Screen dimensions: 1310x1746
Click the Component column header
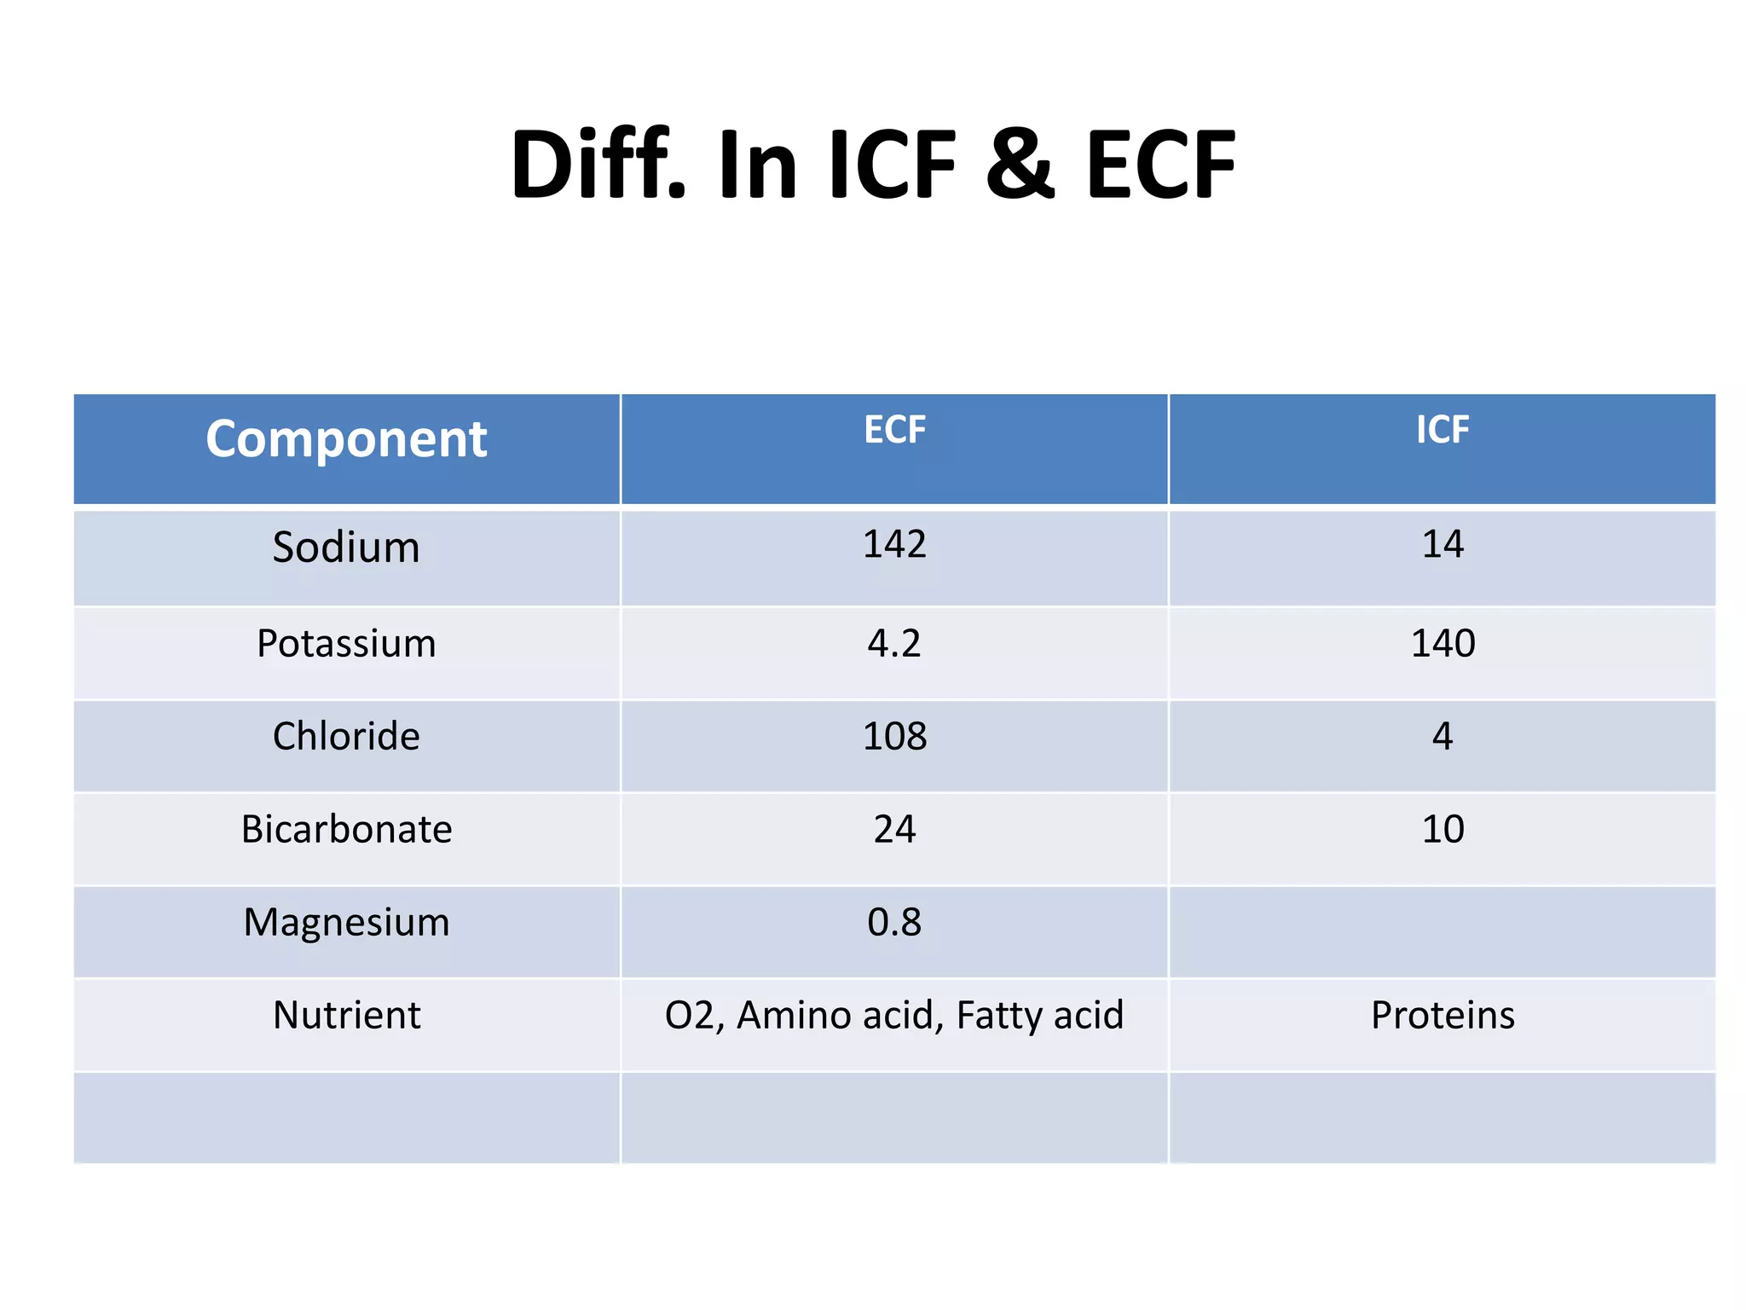[346, 439]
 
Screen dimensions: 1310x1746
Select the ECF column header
[894, 430]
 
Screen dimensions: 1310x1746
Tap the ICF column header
[1442, 430]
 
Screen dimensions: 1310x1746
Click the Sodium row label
[346, 547]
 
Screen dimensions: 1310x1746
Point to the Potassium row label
[346, 643]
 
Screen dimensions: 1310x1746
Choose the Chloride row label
[346, 736]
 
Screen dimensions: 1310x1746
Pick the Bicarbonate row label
[346, 829]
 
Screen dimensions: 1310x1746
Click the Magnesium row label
[346, 922]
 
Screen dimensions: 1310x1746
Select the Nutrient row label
[346, 1015]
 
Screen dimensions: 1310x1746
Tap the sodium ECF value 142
[894, 544]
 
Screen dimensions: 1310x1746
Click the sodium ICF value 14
[1442, 544]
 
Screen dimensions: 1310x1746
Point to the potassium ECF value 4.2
[894, 643]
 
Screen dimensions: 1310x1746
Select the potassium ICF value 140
[1442, 643]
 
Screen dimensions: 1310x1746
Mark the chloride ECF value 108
[894, 736]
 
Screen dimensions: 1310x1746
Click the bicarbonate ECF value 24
[894, 829]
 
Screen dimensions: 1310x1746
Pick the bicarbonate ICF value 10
[1442, 829]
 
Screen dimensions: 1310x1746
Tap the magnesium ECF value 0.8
[894, 922]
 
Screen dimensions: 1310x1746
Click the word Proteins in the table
[1442, 1015]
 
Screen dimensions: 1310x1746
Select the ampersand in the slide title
[1020, 165]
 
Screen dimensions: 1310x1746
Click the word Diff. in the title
[598, 165]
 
